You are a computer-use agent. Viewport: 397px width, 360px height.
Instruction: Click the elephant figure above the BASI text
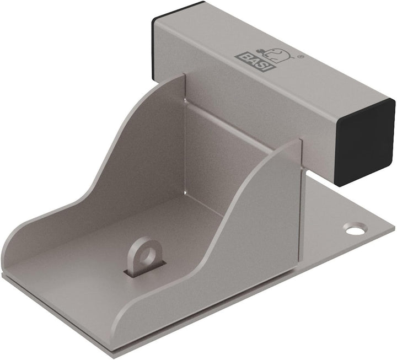pos(276,54)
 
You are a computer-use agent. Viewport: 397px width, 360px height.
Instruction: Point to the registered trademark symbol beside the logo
pos(300,57)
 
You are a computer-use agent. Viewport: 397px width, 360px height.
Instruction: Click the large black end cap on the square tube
pos(366,142)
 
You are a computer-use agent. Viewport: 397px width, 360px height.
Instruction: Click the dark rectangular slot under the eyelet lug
pos(144,270)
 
